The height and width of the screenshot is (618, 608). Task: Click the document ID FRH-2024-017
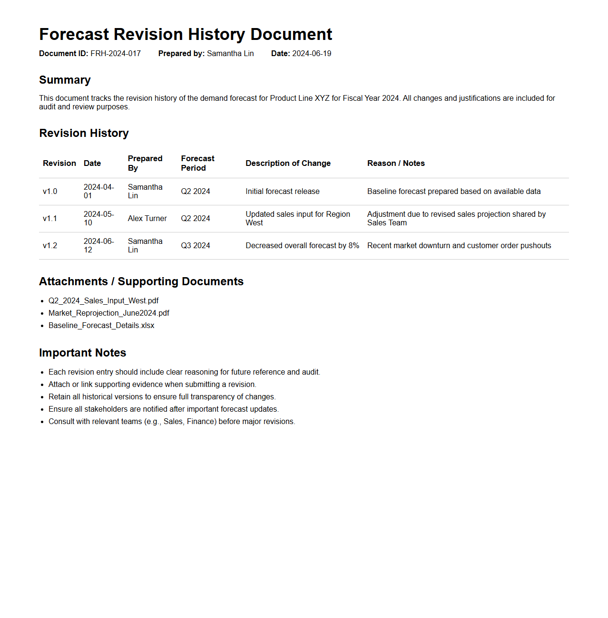click(x=116, y=54)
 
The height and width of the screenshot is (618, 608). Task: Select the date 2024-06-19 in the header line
click(x=312, y=54)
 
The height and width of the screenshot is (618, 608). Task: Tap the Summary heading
click(x=65, y=80)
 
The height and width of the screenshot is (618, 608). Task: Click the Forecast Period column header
click(x=197, y=163)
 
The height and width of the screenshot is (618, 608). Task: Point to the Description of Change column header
click(x=288, y=164)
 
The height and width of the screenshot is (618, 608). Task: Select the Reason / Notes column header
click(x=396, y=164)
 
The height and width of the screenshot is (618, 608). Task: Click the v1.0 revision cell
click(x=50, y=192)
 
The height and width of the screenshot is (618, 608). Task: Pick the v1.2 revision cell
click(x=50, y=246)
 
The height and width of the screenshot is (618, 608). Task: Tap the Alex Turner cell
click(x=147, y=219)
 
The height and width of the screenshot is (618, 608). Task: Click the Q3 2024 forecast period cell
click(x=196, y=246)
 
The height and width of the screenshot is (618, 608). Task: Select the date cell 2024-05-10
click(x=98, y=219)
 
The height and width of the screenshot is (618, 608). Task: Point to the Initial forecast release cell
click(x=283, y=192)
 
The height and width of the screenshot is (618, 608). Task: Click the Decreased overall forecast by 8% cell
click(x=302, y=246)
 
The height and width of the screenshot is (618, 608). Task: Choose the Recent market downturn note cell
click(x=459, y=246)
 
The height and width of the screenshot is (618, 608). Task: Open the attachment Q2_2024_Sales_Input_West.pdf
click(x=104, y=301)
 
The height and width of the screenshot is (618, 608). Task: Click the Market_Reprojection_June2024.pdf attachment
click(x=109, y=313)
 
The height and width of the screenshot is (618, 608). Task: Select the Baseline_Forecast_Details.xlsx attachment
click(x=101, y=326)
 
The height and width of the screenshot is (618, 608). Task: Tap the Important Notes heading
click(x=82, y=353)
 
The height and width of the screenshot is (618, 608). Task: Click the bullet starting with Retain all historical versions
click(x=162, y=397)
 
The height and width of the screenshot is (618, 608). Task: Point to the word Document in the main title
click(x=291, y=35)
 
